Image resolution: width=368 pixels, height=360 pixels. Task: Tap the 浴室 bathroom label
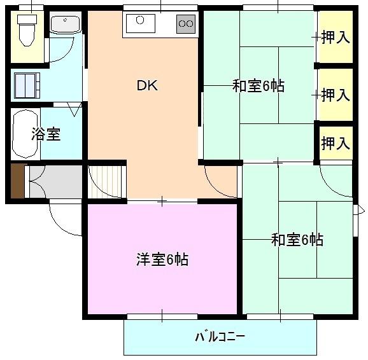click(x=46, y=135)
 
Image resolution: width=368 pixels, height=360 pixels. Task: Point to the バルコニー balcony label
click(x=220, y=336)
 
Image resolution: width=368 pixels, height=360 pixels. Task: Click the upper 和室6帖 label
click(x=258, y=86)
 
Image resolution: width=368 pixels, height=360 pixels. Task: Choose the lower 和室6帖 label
click(x=297, y=240)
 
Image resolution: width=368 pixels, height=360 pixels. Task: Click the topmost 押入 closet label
click(x=336, y=38)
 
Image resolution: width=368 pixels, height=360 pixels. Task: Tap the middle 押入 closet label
click(x=336, y=95)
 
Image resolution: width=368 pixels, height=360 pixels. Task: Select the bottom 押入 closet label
click(x=336, y=143)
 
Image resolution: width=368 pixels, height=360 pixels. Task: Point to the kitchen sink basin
click(x=141, y=23)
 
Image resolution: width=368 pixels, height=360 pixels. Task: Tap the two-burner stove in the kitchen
click(x=185, y=24)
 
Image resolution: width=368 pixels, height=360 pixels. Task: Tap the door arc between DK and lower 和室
click(x=220, y=184)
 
